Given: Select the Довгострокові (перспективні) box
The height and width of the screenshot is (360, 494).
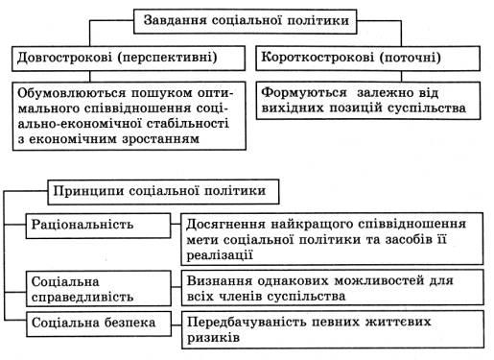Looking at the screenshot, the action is [x=129, y=59].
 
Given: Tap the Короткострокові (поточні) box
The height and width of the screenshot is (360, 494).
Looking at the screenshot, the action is [x=368, y=59].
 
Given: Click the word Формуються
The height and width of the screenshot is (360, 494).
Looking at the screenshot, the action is [x=304, y=93].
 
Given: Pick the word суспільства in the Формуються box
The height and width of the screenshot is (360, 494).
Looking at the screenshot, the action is [x=427, y=108].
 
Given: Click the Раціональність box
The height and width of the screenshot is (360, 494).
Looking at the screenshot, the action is [x=98, y=226].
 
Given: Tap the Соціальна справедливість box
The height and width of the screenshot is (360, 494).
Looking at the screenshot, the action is [x=99, y=289].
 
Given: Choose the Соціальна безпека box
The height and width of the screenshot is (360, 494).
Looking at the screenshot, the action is [x=99, y=324].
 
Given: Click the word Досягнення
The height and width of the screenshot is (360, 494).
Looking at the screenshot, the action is [x=225, y=225].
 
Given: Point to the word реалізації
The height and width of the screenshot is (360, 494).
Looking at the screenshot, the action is [x=220, y=255].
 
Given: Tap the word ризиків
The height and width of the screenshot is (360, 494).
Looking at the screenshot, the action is [x=213, y=338].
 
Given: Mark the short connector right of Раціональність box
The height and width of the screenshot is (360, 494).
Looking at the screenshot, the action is [x=176, y=225].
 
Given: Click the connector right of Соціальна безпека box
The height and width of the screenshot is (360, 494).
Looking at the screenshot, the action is [x=176, y=325].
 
